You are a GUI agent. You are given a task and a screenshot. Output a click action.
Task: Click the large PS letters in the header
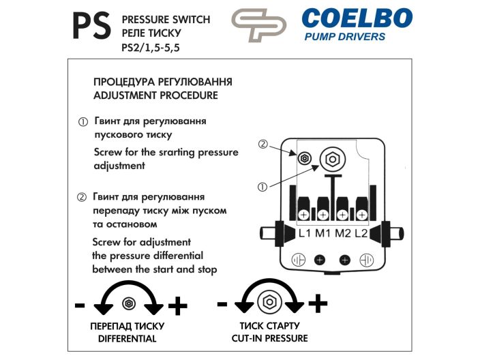tap(91, 26)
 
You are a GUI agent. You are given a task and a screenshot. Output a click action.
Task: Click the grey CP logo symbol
tap(258, 25)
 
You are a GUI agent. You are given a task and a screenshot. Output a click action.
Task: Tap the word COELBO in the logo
tap(357, 18)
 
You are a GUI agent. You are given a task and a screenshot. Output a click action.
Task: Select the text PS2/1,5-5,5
tap(150, 48)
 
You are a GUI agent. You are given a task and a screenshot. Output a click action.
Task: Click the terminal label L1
tap(305, 233)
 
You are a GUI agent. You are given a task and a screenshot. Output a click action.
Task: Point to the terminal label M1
tap(323, 233)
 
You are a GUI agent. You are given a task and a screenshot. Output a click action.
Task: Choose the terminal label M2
tap(343, 233)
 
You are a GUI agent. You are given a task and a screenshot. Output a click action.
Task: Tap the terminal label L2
tap(361, 233)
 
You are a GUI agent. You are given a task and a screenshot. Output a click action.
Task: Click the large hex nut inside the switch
tap(333, 159)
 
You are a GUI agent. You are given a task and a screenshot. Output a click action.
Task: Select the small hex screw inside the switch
tap(305, 158)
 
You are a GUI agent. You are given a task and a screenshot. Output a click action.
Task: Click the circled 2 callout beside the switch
tap(263, 144)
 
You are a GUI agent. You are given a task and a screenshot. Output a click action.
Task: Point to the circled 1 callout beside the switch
tap(262, 187)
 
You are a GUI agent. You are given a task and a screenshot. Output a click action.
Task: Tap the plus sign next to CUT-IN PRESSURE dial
tap(318, 303)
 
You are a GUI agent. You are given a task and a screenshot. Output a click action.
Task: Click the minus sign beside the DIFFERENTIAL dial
tap(80, 305)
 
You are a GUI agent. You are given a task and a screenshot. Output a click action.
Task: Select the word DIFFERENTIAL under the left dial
tap(127, 339)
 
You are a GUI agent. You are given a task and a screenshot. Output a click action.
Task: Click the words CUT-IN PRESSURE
tap(270, 338)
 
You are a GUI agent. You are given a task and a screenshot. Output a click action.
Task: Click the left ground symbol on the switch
tap(299, 260)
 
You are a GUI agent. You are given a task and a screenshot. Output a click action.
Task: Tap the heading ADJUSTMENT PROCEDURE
tap(155, 95)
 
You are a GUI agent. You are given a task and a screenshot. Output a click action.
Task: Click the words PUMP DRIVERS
tap(345, 37)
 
